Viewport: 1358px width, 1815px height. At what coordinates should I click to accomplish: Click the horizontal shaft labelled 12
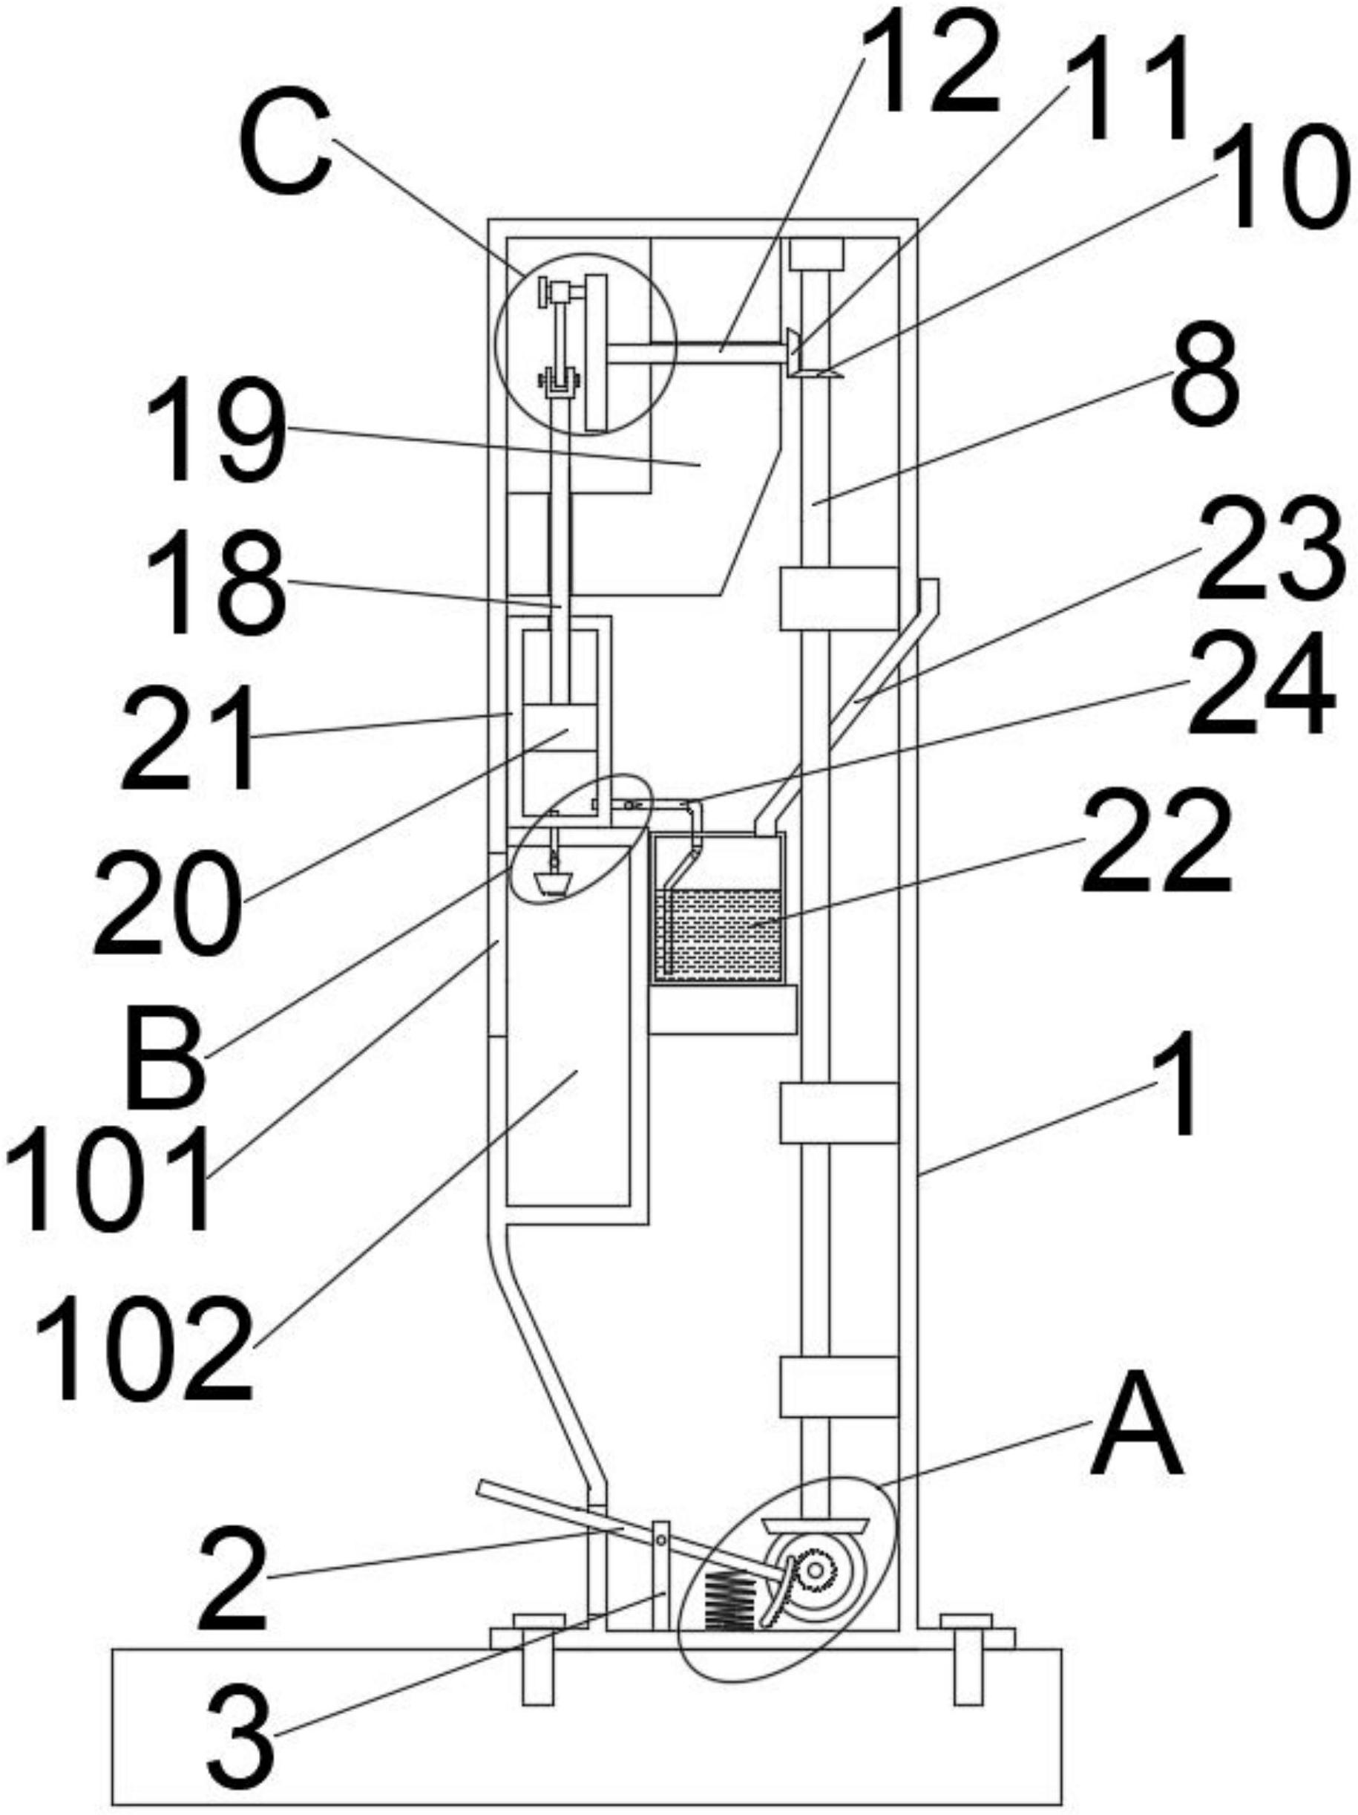click(696, 353)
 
